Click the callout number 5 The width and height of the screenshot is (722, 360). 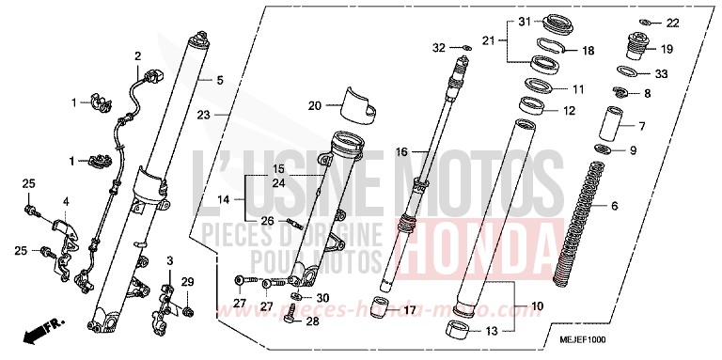[x=219, y=81]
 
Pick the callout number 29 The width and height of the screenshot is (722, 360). [x=186, y=283]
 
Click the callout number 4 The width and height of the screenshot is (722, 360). [x=67, y=201]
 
